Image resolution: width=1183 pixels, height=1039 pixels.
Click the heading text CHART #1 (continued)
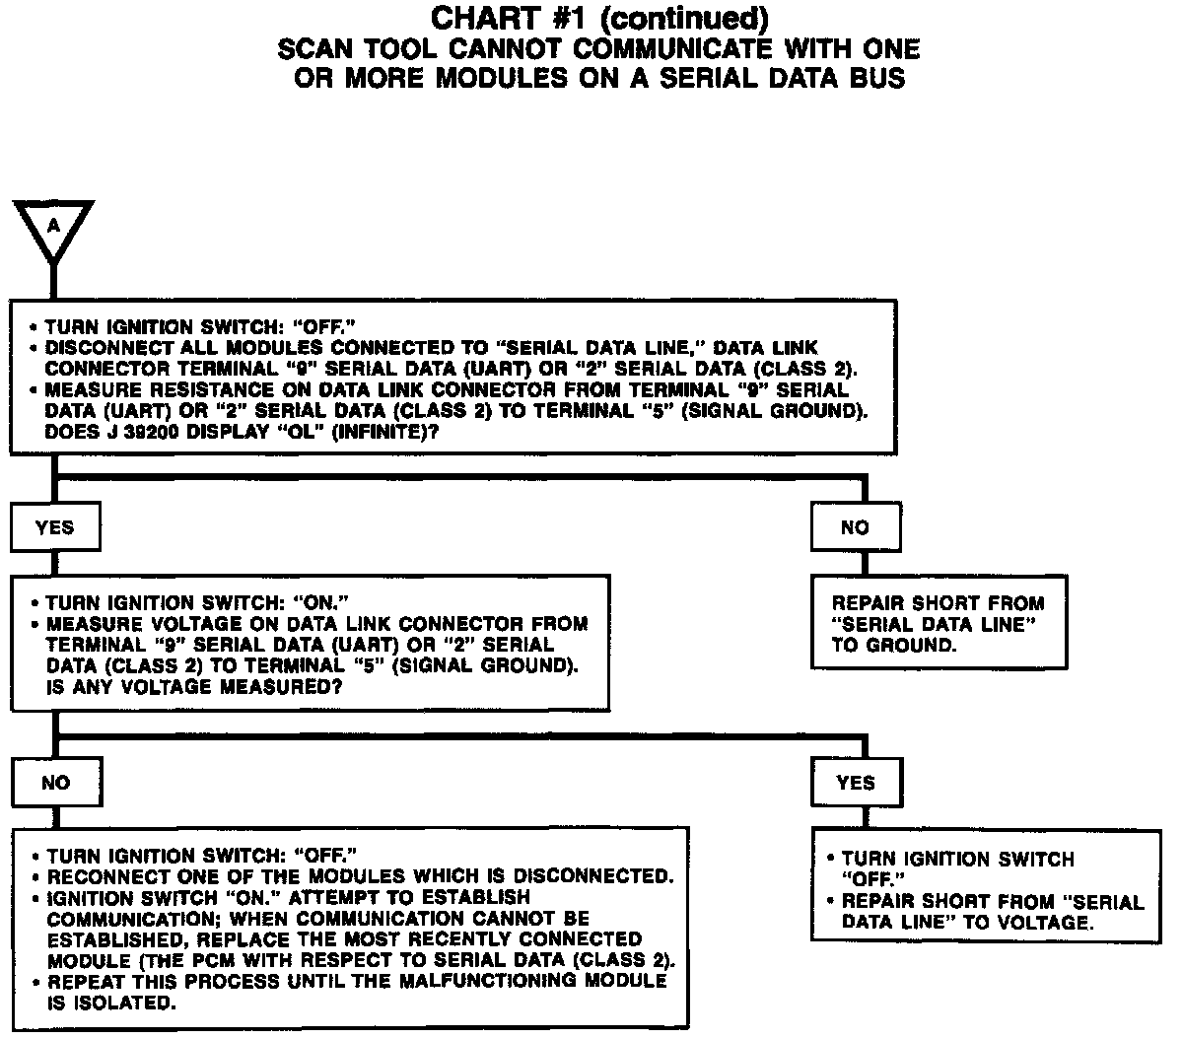pos(599,19)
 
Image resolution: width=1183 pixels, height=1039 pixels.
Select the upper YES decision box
pos(54,527)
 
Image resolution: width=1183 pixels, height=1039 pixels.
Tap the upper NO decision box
pos(855,527)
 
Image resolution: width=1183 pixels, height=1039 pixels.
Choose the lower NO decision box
pos(56,783)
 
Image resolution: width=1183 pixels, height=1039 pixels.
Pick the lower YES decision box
pos(855,783)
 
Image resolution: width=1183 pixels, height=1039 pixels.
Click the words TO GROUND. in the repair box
pos(894,646)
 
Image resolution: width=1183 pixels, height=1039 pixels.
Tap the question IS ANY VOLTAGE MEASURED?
pos(194,688)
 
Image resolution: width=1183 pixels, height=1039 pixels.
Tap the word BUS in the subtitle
pos(877,79)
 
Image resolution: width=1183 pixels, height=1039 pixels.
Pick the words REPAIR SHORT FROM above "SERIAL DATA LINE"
pos(938,603)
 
